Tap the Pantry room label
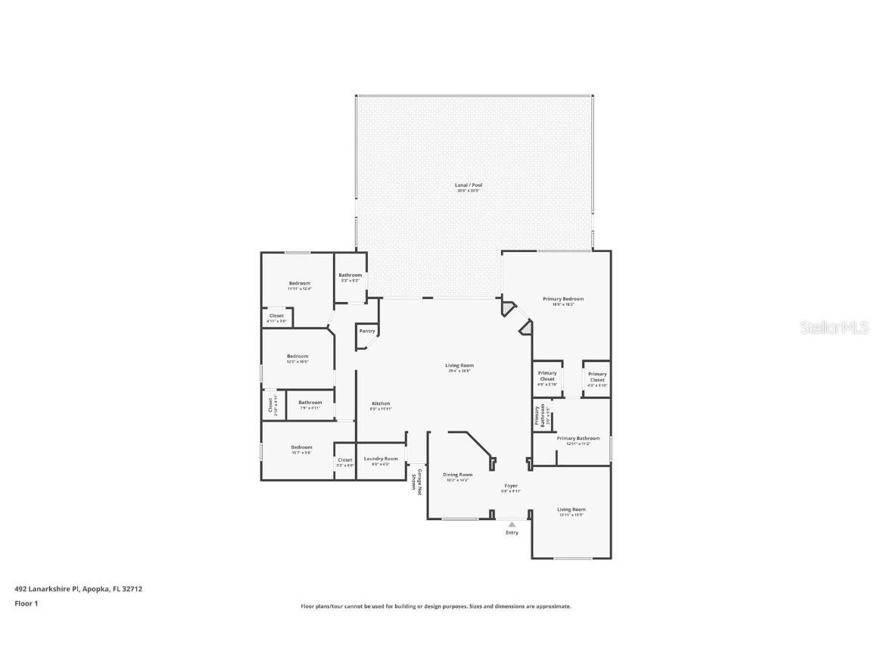tap(367, 331)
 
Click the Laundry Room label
tap(380, 459)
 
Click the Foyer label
tap(511, 487)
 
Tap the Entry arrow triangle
tap(512, 524)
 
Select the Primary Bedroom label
tap(563, 300)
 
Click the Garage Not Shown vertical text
tap(417, 482)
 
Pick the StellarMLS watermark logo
tap(826, 327)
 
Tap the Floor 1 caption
tap(26, 603)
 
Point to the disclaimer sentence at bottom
tap(436, 606)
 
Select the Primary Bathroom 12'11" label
tap(578, 439)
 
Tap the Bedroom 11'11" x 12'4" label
tap(299, 285)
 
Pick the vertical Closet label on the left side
tap(270, 406)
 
